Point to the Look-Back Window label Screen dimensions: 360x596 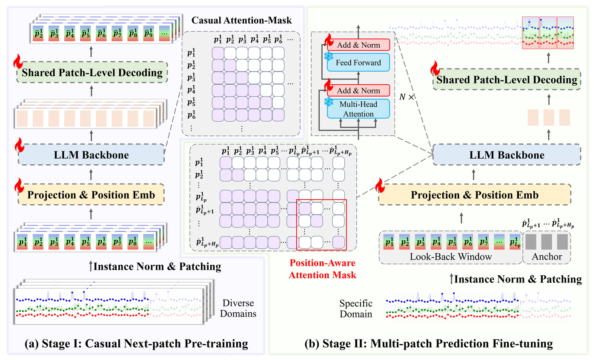pos(451,257)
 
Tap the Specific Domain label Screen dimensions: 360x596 pos(356,309)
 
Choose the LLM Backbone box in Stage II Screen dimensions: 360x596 pos(506,155)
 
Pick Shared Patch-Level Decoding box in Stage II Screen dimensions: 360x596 pos(506,80)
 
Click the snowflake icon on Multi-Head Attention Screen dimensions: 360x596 pos(328,101)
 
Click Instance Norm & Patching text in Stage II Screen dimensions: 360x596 pos(518,279)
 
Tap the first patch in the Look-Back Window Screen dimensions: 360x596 pos(389,242)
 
